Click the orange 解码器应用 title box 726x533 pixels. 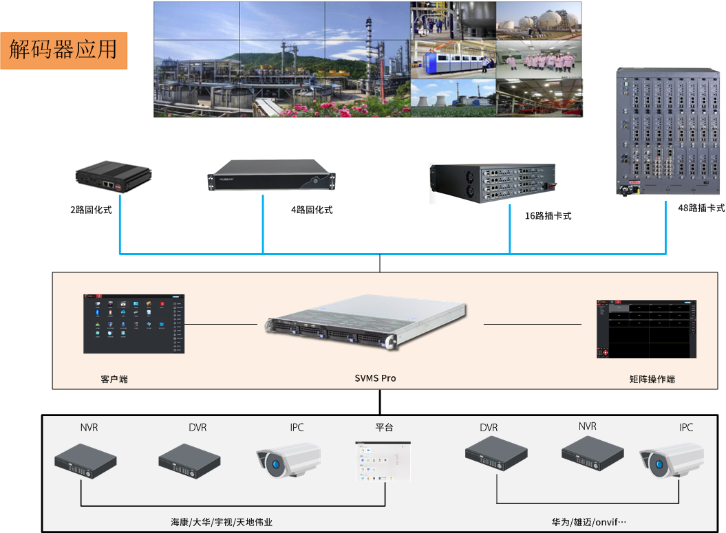click(63, 50)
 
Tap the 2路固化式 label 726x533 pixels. click(91, 210)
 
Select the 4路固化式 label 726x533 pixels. click(312, 210)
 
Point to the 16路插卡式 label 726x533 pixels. click(548, 216)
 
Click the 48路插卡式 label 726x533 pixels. click(701, 208)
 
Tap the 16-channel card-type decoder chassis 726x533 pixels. click(493, 182)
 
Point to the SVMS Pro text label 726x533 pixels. click(375, 378)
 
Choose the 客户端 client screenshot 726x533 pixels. click(134, 324)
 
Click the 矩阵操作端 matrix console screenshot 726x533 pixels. click(646, 329)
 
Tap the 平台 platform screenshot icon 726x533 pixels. click(383, 461)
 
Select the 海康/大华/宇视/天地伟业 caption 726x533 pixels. click(222, 522)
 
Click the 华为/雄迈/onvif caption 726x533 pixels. click(588, 522)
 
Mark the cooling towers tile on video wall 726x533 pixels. click(453, 98)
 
